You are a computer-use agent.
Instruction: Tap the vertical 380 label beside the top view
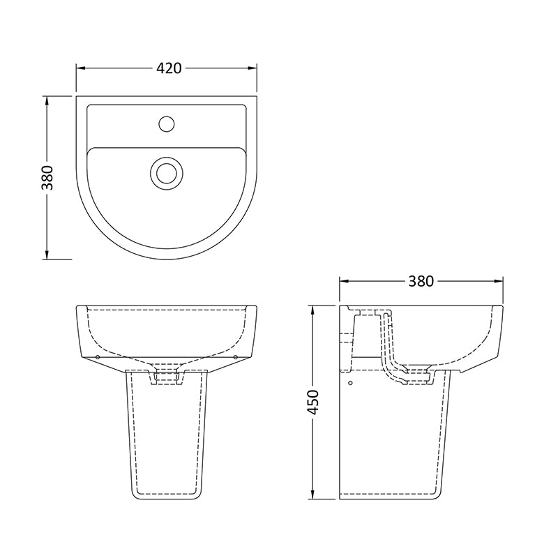pos(47,178)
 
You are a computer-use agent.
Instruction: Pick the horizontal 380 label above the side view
pos(421,281)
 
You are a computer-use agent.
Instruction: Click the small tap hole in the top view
pos(166,124)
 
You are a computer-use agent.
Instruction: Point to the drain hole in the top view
pos(166,171)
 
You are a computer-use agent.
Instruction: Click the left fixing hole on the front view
pos(97,357)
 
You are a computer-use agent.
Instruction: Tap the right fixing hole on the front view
pos(236,357)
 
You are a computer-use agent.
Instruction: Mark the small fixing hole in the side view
pos(350,382)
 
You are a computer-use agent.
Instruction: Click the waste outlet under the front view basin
pos(166,377)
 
